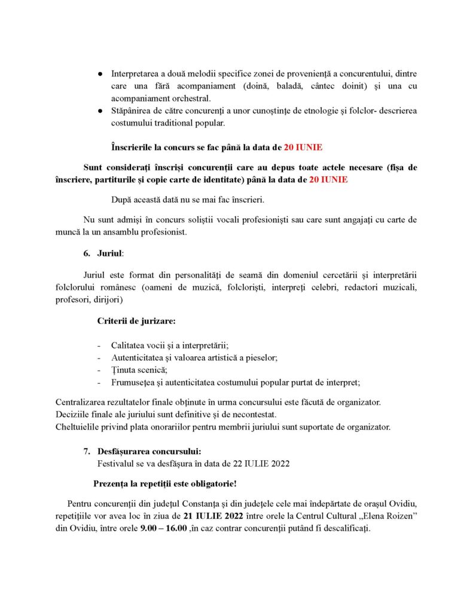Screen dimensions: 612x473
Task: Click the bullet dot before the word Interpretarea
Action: pos(99,74)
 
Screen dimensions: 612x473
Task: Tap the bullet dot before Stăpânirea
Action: pos(99,111)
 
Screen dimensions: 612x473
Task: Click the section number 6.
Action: pos(87,254)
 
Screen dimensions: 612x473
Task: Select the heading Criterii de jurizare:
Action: pos(136,322)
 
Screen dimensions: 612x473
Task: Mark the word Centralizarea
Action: pos(84,402)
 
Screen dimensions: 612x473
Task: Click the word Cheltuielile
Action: pos(80,427)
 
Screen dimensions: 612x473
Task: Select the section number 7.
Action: pos(87,451)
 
